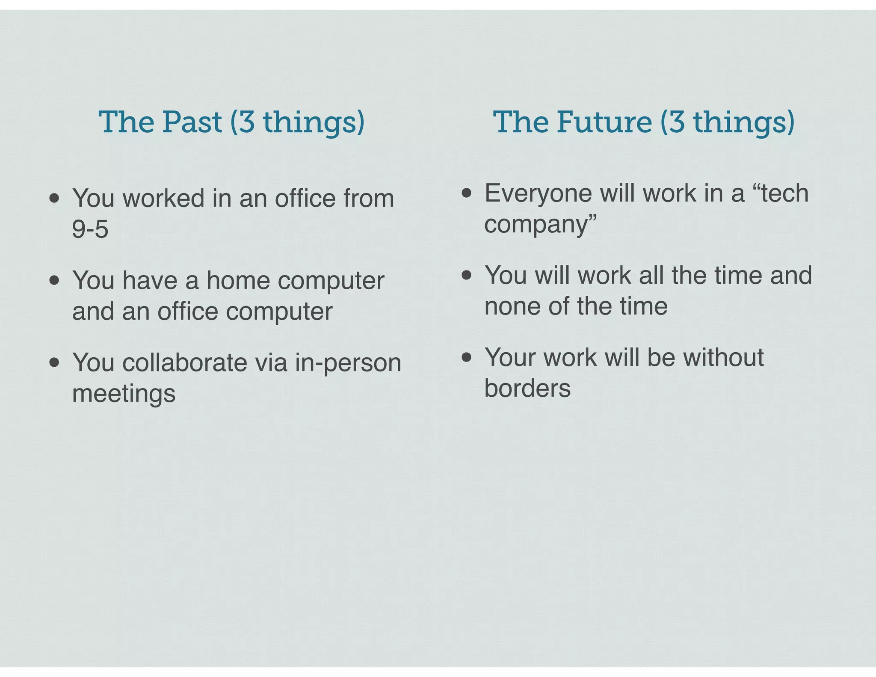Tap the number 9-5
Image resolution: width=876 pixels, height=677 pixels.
[x=90, y=229]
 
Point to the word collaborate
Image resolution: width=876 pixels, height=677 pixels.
[x=185, y=363]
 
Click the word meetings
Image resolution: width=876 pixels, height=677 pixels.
[x=124, y=394]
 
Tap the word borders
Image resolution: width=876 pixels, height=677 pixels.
[x=527, y=389]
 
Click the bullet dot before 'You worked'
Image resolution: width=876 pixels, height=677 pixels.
[x=54, y=198]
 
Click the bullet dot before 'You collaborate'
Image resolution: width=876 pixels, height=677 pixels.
[x=54, y=362]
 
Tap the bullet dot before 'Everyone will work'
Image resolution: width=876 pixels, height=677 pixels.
[x=466, y=193]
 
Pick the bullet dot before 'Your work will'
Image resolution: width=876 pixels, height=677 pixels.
[x=466, y=357]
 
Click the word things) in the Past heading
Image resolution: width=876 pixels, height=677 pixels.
[x=313, y=123]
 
